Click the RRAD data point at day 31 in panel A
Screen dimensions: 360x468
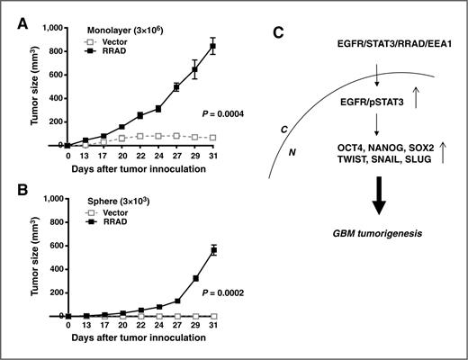(238, 46)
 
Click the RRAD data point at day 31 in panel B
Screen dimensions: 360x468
(238, 250)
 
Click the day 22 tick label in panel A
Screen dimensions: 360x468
(140, 156)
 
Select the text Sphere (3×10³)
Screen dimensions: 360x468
(113, 202)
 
